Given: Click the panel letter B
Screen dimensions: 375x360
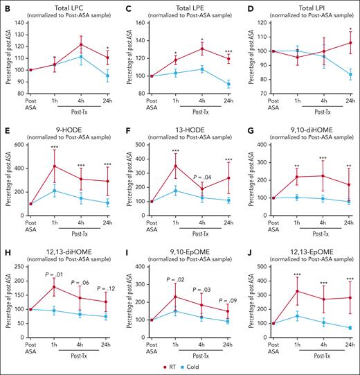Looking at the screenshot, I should tap(6, 6).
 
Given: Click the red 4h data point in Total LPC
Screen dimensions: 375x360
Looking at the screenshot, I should tap(82, 44).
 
